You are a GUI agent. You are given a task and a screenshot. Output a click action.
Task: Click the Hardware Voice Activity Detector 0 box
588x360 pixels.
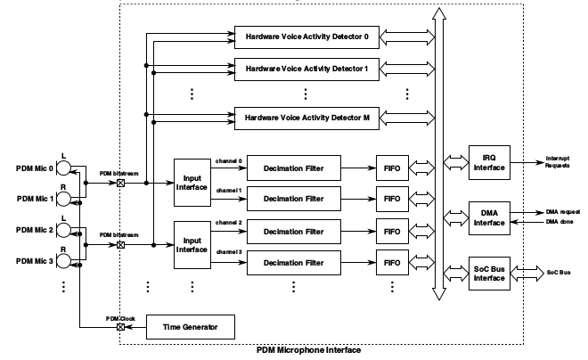(306, 37)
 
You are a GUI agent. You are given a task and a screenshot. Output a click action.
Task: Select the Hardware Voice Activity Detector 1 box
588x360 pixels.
(306, 67)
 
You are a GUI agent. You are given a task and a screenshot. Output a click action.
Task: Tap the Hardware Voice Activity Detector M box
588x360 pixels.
(306, 116)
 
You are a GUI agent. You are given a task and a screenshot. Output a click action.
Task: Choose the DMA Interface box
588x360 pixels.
(489, 217)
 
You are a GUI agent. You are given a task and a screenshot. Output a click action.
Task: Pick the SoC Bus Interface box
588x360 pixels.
(489, 273)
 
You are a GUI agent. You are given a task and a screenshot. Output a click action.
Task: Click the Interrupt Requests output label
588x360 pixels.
(561, 163)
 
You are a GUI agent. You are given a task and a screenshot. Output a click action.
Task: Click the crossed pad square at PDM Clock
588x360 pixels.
(120, 328)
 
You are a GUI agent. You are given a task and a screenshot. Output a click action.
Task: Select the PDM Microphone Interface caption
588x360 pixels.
(308, 351)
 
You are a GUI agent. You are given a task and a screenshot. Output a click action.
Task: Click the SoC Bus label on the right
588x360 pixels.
(559, 273)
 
